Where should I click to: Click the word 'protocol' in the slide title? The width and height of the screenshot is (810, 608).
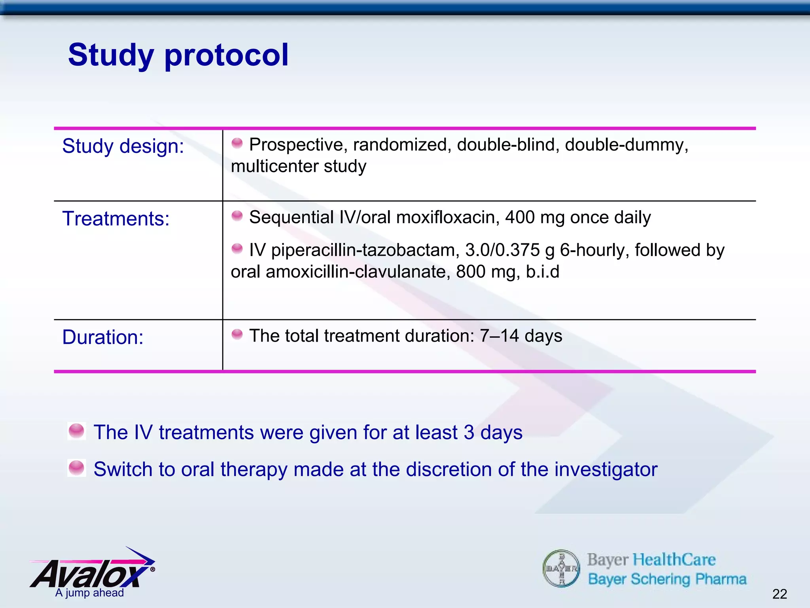[x=226, y=55]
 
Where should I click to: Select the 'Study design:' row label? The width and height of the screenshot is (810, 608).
[x=123, y=146]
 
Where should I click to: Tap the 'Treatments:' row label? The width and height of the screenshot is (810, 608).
[x=116, y=218]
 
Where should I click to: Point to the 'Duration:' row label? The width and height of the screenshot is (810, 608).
[x=103, y=337]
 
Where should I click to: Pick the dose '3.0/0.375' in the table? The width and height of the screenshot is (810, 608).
[x=502, y=250]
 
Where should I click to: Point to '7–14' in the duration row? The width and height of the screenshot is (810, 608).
[x=499, y=336]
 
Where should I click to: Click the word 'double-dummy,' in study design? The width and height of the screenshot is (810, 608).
[x=626, y=145]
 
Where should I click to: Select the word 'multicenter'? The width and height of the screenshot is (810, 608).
[x=274, y=166]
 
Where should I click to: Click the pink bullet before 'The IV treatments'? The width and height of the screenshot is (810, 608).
[x=76, y=431]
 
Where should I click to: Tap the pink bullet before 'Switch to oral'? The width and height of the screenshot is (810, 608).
[x=76, y=468]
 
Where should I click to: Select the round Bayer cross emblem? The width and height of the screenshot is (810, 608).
[x=561, y=568]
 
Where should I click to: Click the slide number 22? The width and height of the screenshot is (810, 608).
[x=780, y=594]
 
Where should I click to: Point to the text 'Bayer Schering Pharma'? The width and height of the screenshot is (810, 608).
[x=667, y=579]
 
